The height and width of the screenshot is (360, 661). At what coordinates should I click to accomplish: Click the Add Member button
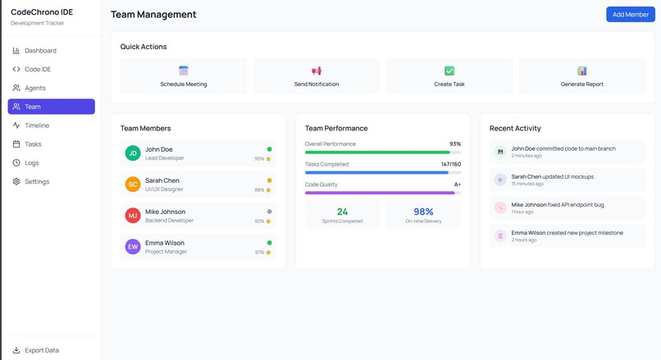[630, 15]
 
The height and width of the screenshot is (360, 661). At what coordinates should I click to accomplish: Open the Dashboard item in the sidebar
[40, 51]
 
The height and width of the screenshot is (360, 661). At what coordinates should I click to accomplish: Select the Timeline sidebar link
[37, 125]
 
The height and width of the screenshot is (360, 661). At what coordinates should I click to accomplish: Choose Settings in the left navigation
[37, 181]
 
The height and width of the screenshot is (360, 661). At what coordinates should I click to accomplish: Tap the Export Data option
[42, 350]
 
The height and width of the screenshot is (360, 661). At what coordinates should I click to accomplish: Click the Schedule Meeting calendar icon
[184, 71]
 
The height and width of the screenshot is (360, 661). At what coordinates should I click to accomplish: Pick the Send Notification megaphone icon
[317, 71]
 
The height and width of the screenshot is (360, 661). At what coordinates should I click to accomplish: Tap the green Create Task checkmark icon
[449, 71]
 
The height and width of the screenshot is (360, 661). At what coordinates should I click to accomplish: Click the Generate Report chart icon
[582, 71]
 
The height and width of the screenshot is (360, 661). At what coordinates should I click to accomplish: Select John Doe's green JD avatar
[133, 153]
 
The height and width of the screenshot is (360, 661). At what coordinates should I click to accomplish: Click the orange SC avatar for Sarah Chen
[133, 185]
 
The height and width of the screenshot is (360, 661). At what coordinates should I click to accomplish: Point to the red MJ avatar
[133, 216]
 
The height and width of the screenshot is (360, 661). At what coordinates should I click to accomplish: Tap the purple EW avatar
[133, 247]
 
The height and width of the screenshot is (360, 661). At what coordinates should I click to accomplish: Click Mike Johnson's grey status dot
[269, 212]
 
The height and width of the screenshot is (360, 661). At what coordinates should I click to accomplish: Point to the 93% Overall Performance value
[455, 144]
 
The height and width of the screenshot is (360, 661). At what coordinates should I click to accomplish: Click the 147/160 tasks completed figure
[451, 164]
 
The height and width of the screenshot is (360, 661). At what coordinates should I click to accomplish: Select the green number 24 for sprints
[342, 212]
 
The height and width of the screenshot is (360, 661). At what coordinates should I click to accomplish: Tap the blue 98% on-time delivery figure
[423, 212]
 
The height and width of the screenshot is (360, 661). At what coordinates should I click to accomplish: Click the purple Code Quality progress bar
[380, 193]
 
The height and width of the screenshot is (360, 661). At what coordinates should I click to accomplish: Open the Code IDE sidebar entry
[38, 70]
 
